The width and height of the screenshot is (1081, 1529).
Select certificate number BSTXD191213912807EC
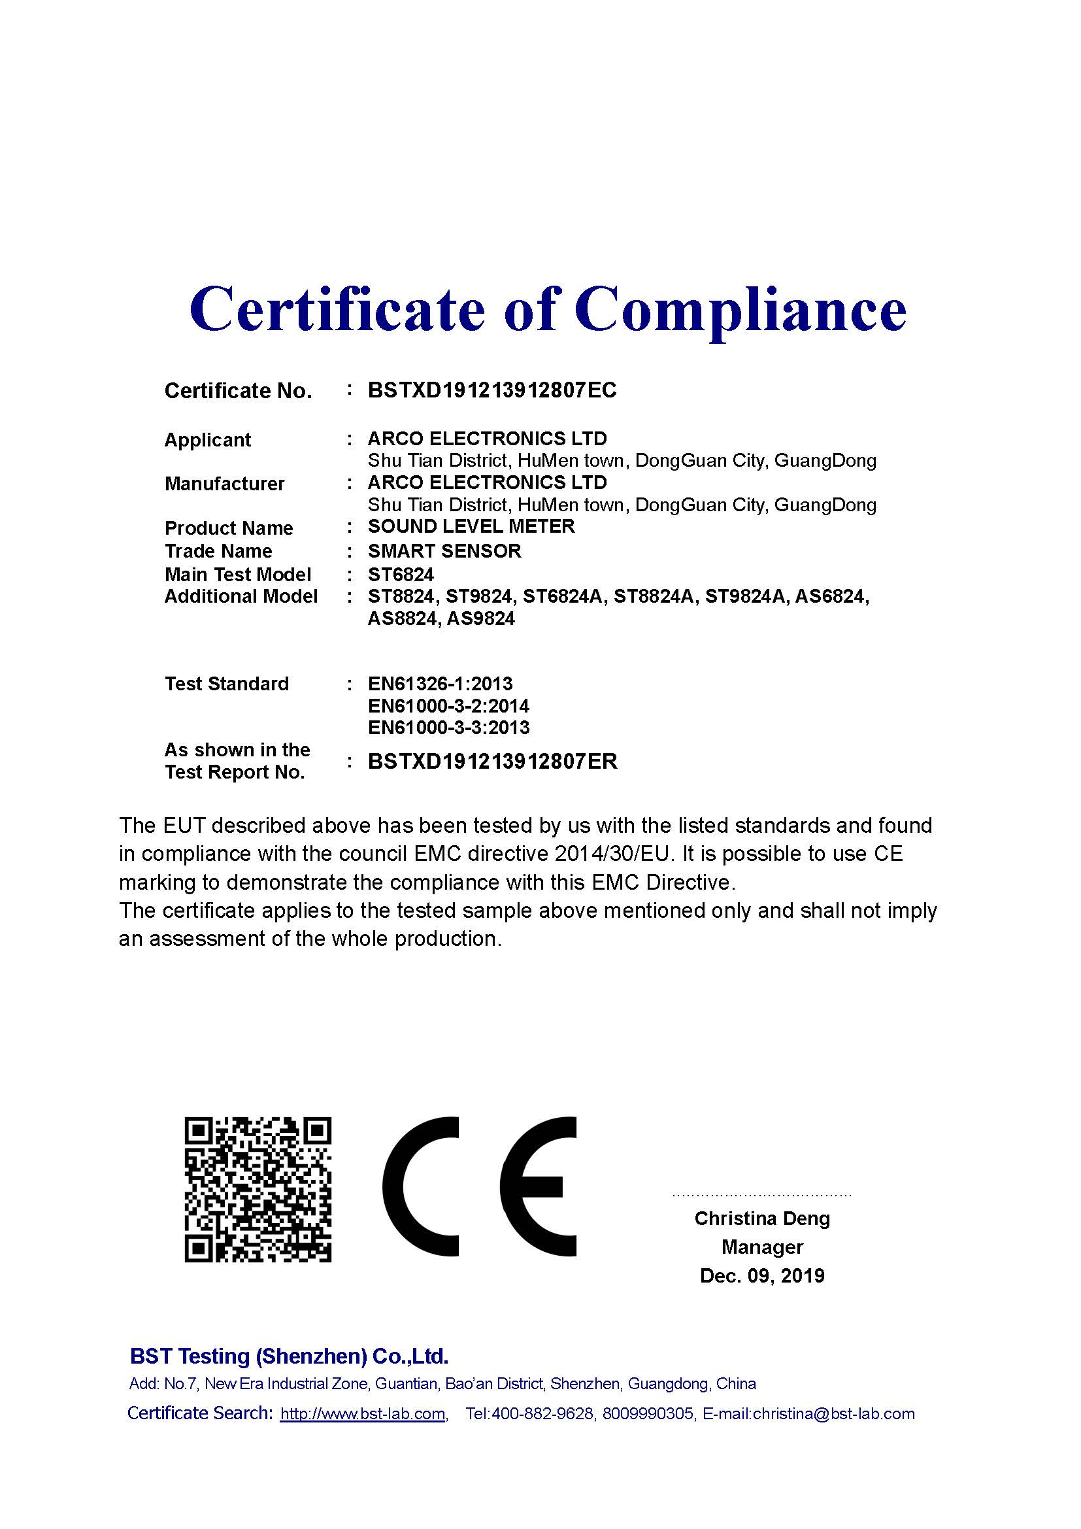click(x=492, y=390)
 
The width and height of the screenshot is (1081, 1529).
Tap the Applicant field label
click(x=208, y=440)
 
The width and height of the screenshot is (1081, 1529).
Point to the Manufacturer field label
click(x=224, y=484)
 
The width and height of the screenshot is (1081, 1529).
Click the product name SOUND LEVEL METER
click(x=471, y=527)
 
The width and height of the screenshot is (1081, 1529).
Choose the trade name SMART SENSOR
click(x=444, y=552)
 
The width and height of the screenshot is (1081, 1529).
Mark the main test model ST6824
click(x=401, y=575)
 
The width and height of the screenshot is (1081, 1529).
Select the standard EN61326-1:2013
click(x=440, y=684)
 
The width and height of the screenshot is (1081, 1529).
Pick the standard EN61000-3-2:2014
click(x=448, y=706)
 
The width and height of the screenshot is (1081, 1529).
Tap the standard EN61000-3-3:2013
click(x=448, y=728)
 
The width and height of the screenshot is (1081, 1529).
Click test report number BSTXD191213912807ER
click(x=493, y=762)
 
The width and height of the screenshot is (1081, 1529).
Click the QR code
click(x=258, y=1189)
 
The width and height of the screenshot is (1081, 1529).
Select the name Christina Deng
click(x=762, y=1218)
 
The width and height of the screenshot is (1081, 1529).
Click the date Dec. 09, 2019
click(x=762, y=1276)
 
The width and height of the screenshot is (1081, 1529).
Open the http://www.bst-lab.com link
click(x=363, y=1414)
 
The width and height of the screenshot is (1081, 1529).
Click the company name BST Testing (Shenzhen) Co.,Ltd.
click(x=289, y=1356)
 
